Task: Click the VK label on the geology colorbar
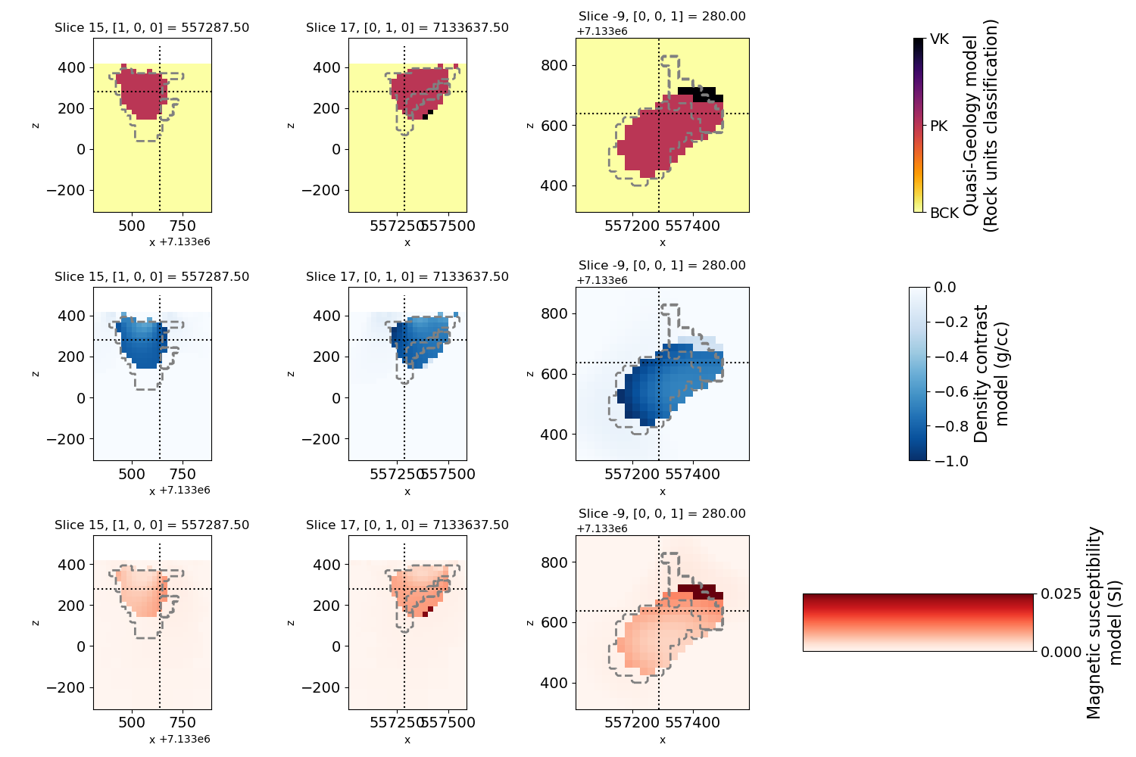click(939, 39)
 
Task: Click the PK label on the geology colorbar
click(938, 126)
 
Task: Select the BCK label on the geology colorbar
click(944, 213)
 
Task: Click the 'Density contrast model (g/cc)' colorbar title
click(991, 374)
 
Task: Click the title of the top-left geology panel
click(151, 28)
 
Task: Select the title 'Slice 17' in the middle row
click(407, 277)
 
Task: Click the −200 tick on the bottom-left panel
click(66, 687)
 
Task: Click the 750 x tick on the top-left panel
click(183, 226)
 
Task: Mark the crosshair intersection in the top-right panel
click(659, 114)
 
